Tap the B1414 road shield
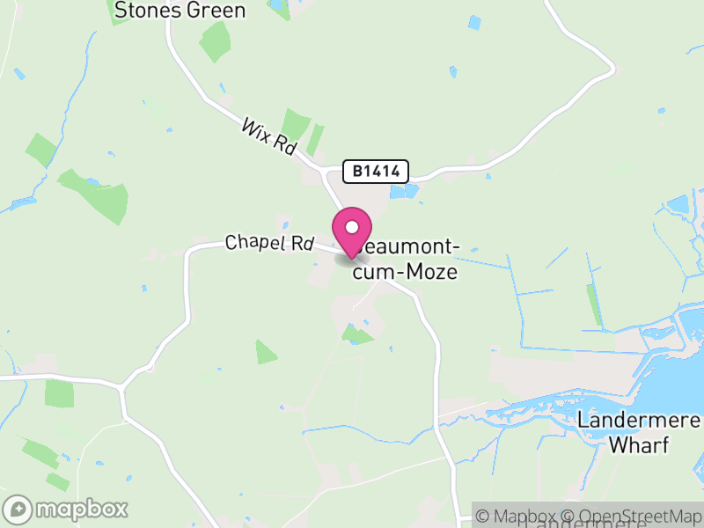click(x=376, y=172)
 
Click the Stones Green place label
click(x=180, y=11)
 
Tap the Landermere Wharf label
click(x=638, y=432)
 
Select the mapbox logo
click(x=67, y=509)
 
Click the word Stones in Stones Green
click(x=146, y=11)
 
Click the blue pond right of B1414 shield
click(x=401, y=191)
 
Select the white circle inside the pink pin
click(x=352, y=227)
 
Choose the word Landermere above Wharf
click(x=638, y=420)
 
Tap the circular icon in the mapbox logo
click(x=18, y=509)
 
